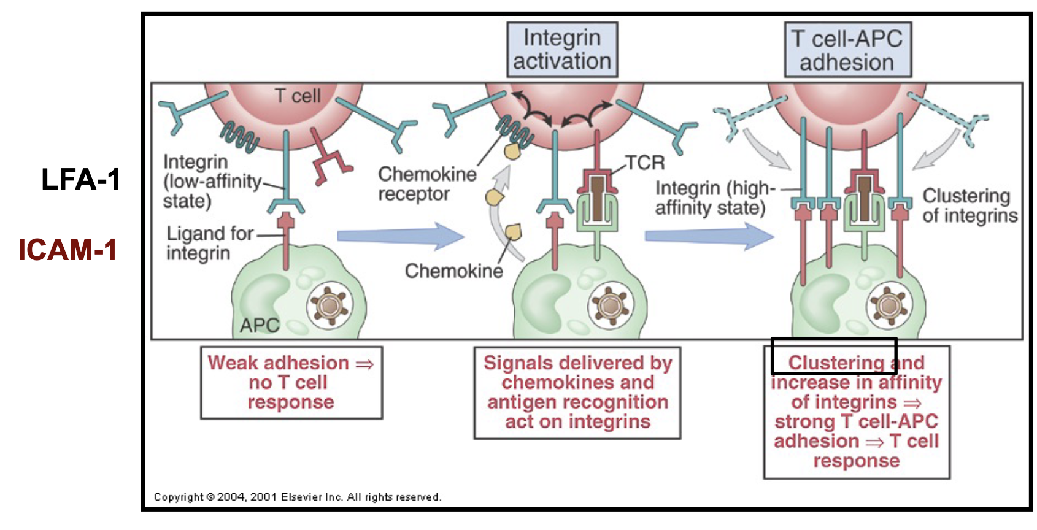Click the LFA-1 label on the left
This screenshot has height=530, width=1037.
[x=80, y=180]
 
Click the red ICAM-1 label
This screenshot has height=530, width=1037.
[x=67, y=250]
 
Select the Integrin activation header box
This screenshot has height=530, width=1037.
[x=561, y=50]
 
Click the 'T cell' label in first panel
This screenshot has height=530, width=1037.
[x=298, y=96]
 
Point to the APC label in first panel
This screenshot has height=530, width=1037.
[x=259, y=325]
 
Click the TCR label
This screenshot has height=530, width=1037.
[x=645, y=163]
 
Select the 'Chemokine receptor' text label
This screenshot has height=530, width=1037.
[x=427, y=183]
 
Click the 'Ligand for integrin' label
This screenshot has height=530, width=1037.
[x=209, y=243]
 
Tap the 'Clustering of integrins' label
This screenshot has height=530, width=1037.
[x=969, y=205]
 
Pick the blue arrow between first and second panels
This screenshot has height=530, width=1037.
[x=400, y=236]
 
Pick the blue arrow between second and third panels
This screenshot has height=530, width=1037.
[x=709, y=236]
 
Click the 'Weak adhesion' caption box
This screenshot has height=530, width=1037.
[x=291, y=383]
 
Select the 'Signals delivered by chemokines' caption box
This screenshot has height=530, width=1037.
[x=577, y=393]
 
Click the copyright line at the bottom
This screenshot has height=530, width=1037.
[x=297, y=497]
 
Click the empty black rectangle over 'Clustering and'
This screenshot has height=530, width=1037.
[x=833, y=356]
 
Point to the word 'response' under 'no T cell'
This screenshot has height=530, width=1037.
[x=291, y=402]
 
